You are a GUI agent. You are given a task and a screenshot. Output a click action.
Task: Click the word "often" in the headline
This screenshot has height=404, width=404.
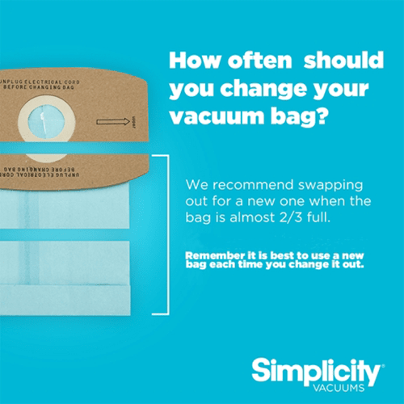[x=260, y=60]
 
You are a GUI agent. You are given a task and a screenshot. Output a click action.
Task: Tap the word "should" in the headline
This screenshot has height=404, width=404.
[x=343, y=60]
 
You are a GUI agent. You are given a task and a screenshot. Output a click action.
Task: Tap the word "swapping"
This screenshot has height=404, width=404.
[x=330, y=186]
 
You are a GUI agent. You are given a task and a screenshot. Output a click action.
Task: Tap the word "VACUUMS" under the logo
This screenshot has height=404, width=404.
[x=339, y=388]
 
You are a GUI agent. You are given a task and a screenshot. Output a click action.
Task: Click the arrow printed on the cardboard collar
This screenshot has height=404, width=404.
[x=113, y=122]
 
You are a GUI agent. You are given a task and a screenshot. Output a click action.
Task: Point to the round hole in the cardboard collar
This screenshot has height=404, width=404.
[x=46, y=122]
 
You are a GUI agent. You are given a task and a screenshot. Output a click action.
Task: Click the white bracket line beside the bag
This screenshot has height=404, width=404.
[x=168, y=234]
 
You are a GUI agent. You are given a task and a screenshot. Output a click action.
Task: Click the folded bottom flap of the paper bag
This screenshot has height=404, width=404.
[x=65, y=300]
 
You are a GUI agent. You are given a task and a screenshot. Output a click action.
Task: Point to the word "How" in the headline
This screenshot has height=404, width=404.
[x=194, y=60]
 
